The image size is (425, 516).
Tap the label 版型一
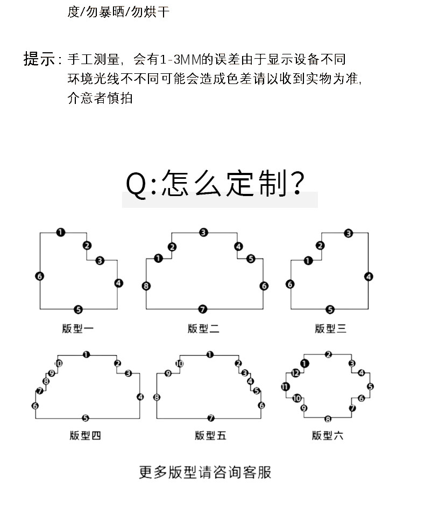coord(78,328)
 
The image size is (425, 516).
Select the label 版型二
coord(203,328)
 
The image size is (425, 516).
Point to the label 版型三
coord(330,328)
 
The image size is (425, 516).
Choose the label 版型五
coord(210,435)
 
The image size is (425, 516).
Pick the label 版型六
coord(327,435)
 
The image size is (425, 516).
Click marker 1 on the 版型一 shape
coord(61,232)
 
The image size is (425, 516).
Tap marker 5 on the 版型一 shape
coord(78,309)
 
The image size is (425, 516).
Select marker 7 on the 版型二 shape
coord(203,309)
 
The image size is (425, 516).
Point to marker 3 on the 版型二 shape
coord(203,232)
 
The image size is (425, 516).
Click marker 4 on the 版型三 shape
coord(369,277)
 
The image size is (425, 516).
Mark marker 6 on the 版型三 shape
coord(291,284)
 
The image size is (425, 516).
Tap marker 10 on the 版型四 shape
coord(59,364)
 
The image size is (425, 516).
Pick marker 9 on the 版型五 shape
coord(168,373)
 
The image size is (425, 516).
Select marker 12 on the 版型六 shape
coord(295,373)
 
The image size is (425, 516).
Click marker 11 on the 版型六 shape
coord(285,386)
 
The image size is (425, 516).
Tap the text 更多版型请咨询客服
coord(205,472)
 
